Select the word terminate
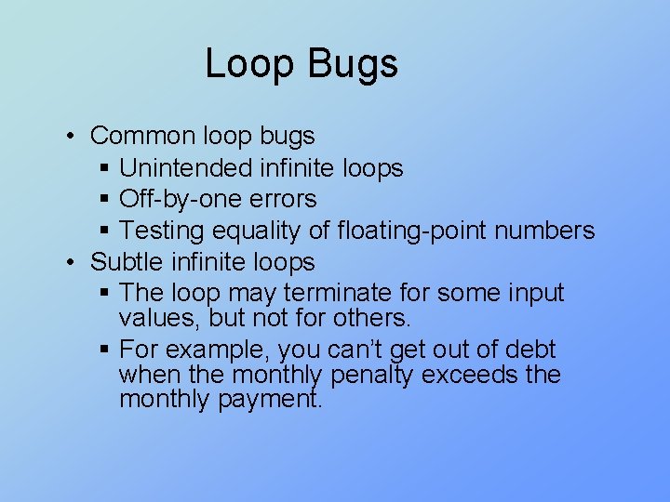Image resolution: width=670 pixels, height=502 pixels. point(338,293)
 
